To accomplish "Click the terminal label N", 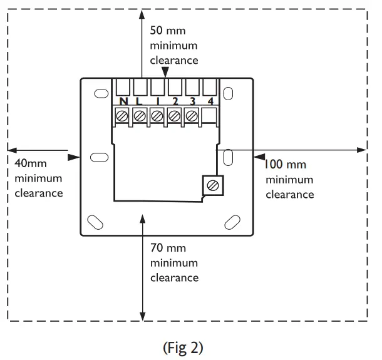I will click(123, 101).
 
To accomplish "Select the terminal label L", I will click(140, 101).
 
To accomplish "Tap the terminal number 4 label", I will click(210, 101).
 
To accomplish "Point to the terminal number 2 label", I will click(175, 101).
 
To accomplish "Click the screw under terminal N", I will click(123, 116).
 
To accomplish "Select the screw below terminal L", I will click(140, 116).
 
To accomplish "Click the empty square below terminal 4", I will click(210, 116).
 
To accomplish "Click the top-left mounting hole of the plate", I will click(100, 93).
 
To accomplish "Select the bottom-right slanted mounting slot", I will click(232, 222).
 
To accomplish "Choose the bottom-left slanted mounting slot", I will click(95, 222).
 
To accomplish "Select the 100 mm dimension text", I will click(284, 165).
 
